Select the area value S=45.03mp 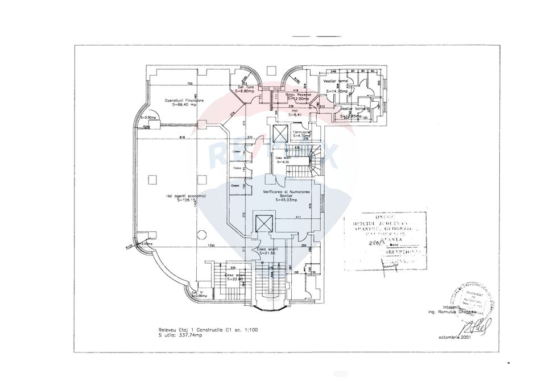click(287, 200)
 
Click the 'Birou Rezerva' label click(296, 94)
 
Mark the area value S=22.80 click(235, 279)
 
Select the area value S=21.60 click(266, 254)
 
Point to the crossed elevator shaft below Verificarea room click(264, 223)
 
